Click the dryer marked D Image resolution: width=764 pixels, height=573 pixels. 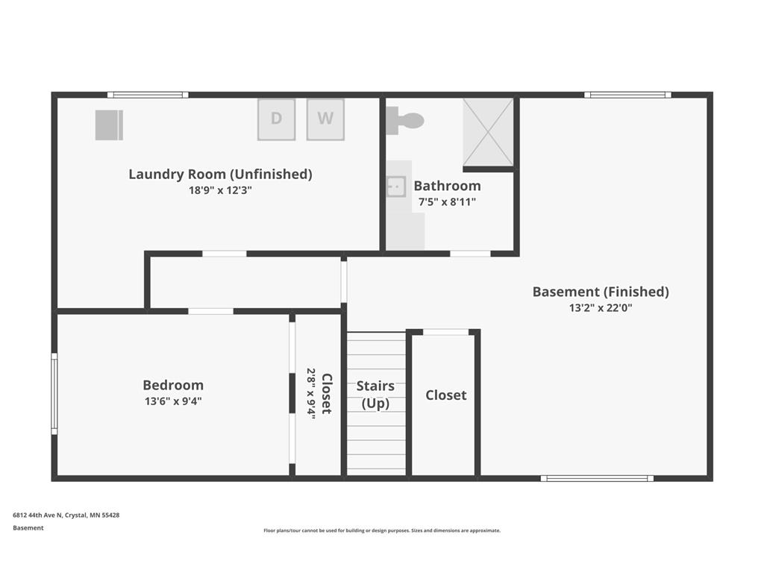coord(276,119)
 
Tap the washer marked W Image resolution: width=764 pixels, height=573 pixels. coord(325,119)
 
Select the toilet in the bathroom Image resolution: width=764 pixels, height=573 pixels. coord(405,120)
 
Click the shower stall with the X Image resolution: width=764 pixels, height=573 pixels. coord(488,132)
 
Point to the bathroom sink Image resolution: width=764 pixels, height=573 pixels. coord(396,187)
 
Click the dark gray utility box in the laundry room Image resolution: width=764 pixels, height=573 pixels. coord(109,125)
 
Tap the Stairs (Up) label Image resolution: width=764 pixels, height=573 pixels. coord(375,395)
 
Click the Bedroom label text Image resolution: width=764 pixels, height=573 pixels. coord(173,385)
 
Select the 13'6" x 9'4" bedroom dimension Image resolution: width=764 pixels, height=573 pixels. coord(173,401)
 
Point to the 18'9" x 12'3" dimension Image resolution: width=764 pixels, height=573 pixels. coord(220,190)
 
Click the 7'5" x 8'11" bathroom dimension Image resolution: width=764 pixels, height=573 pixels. coord(447,201)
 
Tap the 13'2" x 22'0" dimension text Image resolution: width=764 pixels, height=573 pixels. coord(601,308)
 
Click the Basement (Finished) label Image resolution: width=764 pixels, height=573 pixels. coord(601,292)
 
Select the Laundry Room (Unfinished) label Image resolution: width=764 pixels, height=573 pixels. coord(220,174)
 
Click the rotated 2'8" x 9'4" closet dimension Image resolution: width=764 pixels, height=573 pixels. coord(311,393)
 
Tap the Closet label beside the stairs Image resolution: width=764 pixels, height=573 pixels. coord(446,395)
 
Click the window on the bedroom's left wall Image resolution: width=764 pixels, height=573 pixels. coord(54,394)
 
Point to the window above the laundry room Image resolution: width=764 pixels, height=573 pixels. coord(148,95)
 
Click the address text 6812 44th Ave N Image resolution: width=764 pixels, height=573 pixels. coord(37,515)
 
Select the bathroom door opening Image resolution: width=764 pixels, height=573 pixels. coord(470,254)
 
